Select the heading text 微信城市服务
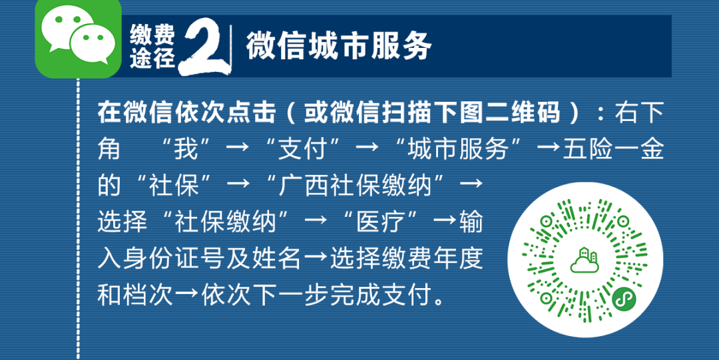pyautogui.click(x=338, y=46)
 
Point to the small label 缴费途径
pyautogui.click(x=152, y=47)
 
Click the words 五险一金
pyautogui.click(x=614, y=150)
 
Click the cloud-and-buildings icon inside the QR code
pyautogui.click(x=585, y=260)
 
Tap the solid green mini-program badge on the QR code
pyautogui.click(x=624, y=299)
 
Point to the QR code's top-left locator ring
pyautogui.click(x=546, y=221)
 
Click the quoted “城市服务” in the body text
pyautogui.click(x=459, y=150)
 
